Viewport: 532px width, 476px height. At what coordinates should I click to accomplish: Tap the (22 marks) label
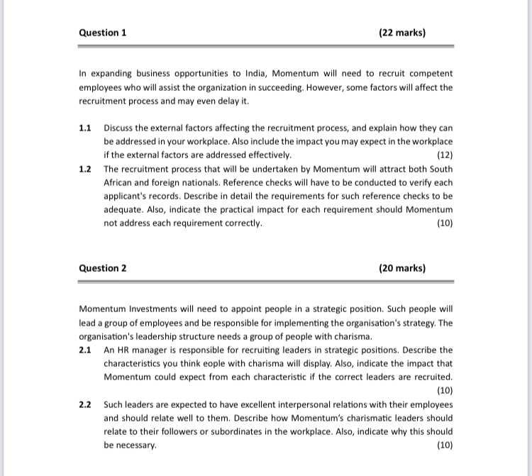pyautogui.click(x=402, y=33)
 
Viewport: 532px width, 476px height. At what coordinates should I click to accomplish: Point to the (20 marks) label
pyautogui.click(x=402, y=268)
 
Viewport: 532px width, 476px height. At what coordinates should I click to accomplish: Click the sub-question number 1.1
pyautogui.click(x=86, y=128)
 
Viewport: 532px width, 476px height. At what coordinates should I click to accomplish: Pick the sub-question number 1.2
pyautogui.click(x=86, y=169)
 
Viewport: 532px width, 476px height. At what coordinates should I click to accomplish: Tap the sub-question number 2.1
pyautogui.click(x=86, y=350)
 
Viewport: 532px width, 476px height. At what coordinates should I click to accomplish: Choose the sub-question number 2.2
pyautogui.click(x=86, y=404)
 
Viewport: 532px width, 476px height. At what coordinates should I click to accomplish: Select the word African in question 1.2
pyautogui.click(x=121, y=182)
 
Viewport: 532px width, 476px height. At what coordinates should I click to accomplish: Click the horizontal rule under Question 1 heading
pyautogui.click(x=265, y=46)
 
